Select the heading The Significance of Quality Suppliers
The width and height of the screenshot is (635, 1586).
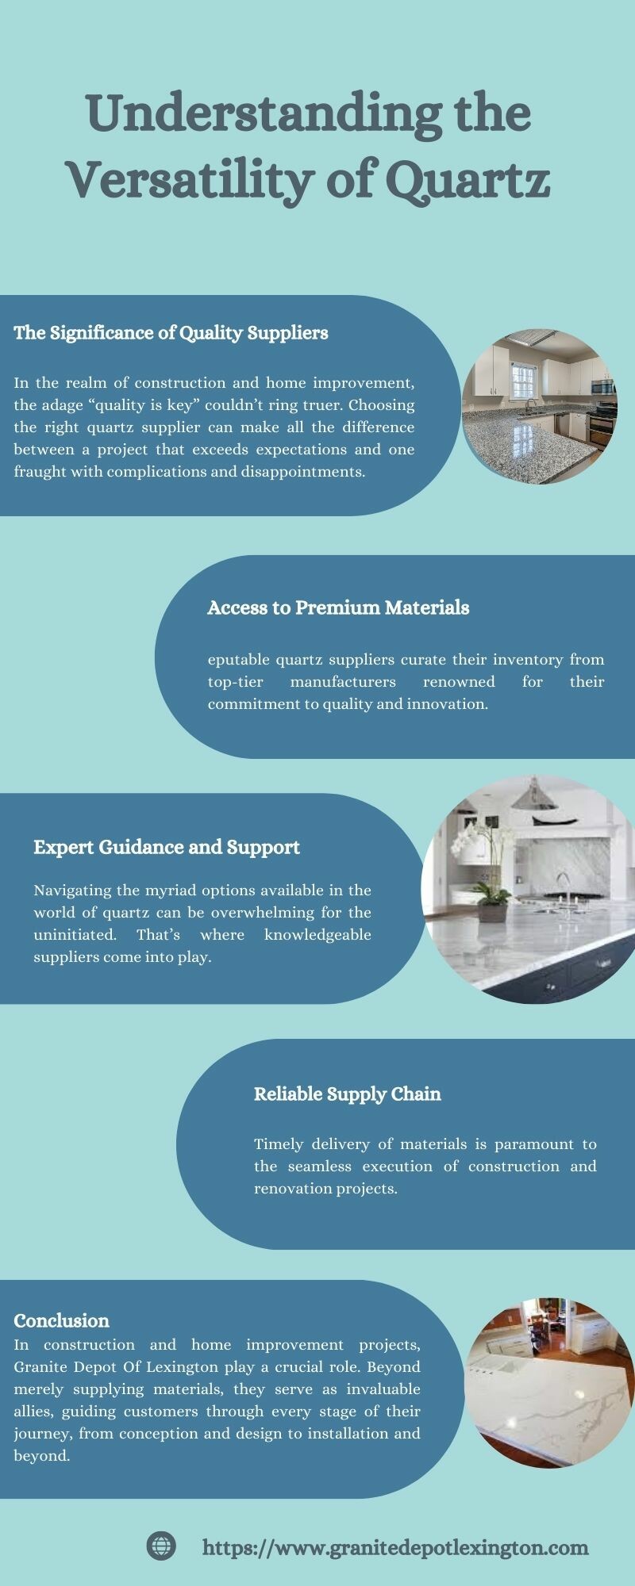click(171, 333)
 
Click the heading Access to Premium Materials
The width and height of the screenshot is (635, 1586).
click(338, 607)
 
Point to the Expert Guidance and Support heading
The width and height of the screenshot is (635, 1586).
click(167, 848)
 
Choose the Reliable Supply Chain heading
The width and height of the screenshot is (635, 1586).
click(348, 1094)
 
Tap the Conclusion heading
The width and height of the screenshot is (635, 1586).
click(61, 1320)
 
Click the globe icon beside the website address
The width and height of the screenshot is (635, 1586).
click(161, 1546)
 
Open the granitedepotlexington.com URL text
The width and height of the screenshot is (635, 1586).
click(396, 1547)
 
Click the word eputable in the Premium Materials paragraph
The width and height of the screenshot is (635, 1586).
click(238, 660)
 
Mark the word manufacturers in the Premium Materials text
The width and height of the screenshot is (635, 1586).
click(343, 682)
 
